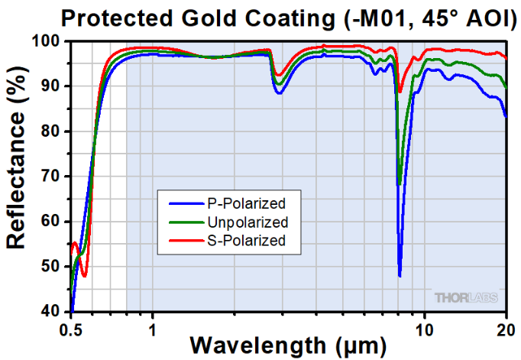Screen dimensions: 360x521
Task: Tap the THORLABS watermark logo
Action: click(x=469, y=297)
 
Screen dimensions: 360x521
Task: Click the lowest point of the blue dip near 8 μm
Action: click(x=400, y=276)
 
